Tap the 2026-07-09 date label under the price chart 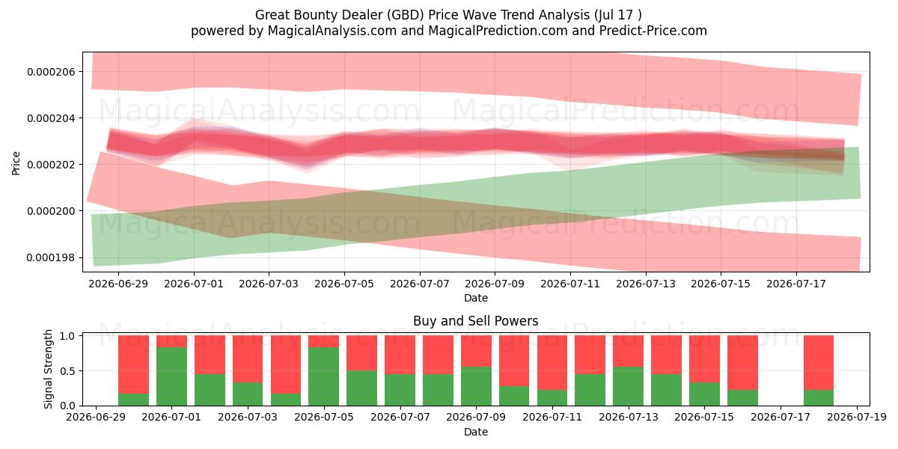pos(495,284)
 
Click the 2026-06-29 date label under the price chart pos(118,284)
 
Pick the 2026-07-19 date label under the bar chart pos(857,417)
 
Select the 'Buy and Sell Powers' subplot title pos(476,321)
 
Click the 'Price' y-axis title pos(16,163)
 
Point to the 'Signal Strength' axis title pos(48,369)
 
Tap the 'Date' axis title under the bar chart pos(476,432)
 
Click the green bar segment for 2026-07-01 pos(171,376)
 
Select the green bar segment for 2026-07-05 pos(324,376)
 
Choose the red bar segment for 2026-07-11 pos(552,363)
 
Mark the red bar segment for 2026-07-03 pos(248,359)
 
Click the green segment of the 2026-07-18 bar pos(819,397)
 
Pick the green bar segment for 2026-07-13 pos(628,386)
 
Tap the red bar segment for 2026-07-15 pos(705,359)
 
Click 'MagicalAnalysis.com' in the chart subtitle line pos(332,31)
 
